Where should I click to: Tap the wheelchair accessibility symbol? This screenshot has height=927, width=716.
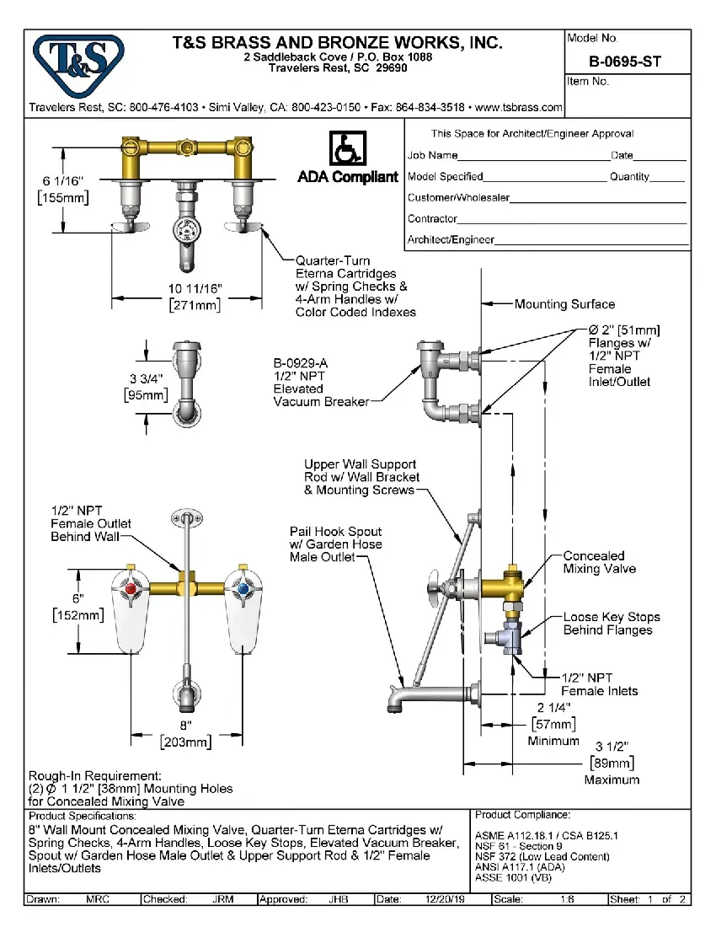346,149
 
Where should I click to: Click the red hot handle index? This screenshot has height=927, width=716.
131,587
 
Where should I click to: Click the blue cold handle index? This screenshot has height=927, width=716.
243,587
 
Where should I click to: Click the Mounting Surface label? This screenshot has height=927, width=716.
564,304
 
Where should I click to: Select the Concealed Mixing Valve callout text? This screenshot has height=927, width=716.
599,562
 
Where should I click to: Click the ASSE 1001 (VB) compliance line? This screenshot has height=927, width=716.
513,877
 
